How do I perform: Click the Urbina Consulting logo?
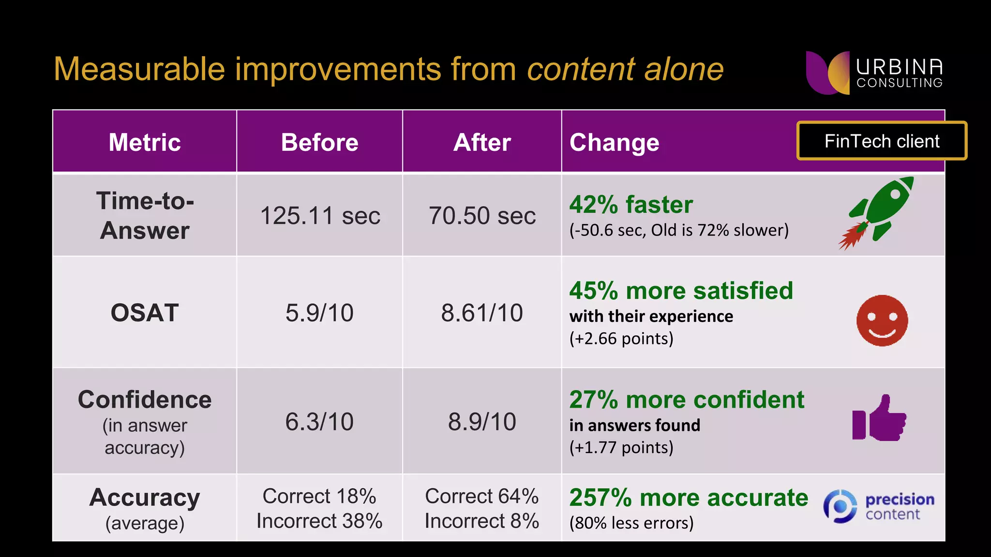pyautogui.click(x=874, y=73)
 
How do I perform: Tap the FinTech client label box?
pyautogui.click(x=881, y=141)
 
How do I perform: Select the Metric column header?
pyautogui.click(x=145, y=142)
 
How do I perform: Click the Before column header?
pyautogui.click(x=319, y=142)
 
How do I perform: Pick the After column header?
pyautogui.click(x=482, y=142)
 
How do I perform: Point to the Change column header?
pyautogui.click(x=614, y=143)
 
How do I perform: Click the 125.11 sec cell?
pyautogui.click(x=320, y=216)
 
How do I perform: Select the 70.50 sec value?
pyautogui.click(x=482, y=216)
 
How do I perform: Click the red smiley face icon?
pyautogui.click(x=882, y=321)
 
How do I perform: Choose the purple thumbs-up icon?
pyautogui.click(x=879, y=419)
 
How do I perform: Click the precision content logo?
pyautogui.click(x=878, y=506)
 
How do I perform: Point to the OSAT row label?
pyautogui.click(x=145, y=313)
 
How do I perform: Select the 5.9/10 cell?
pyautogui.click(x=319, y=313)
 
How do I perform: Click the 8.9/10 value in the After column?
pyautogui.click(x=482, y=422)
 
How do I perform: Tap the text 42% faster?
pyautogui.click(x=631, y=205)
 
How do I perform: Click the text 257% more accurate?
pyautogui.click(x=689, y=498)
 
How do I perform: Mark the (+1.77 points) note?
pyautogui.click(x=621, y=447)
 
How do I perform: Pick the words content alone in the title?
pyautogui.click(x=625, y=69)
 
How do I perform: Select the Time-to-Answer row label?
pyautogui.click(x=145, y=216)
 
